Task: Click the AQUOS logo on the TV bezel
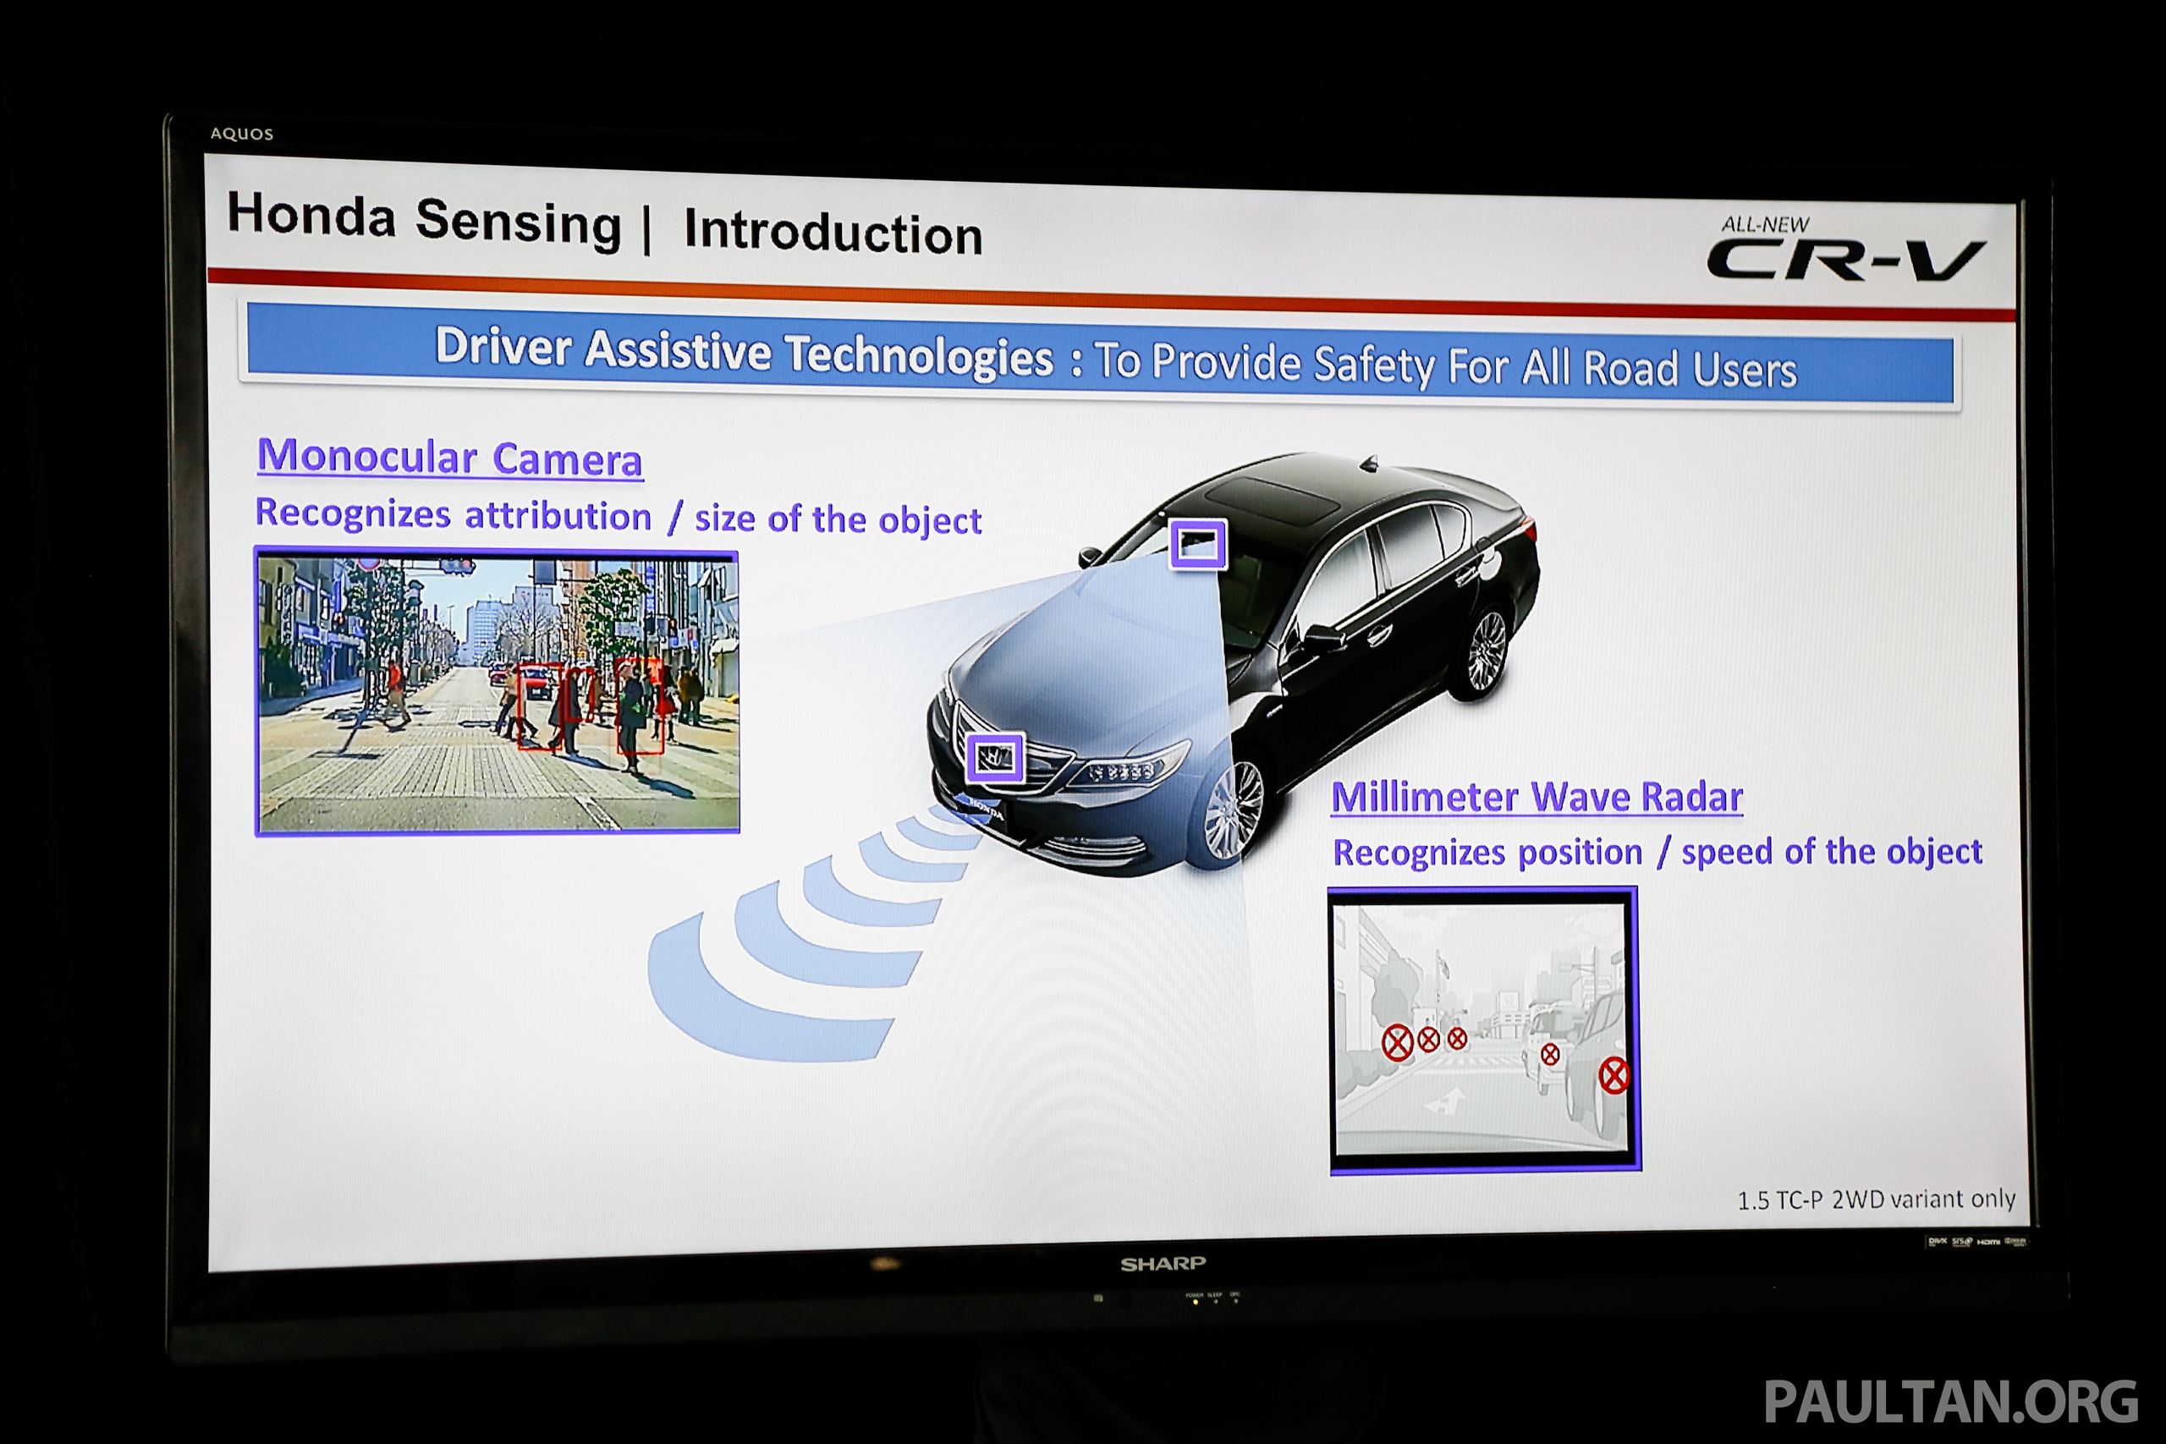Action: click(x=241, y=134)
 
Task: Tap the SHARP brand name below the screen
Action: click(x=1163, y=1265)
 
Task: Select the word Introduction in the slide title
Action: click(x=833, y=232)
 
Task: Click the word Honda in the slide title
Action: click(x=311, y=215)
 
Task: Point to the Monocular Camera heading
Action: click(x=449, y=458)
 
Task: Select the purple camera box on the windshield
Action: click(x=1198, y=543)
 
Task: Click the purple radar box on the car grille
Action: click(x=995, y=758)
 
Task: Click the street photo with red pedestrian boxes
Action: click(x=498, y=693)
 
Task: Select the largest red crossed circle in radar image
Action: click(x=1614, y=1076)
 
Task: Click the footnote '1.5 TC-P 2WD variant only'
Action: click(x=1876, y=1199)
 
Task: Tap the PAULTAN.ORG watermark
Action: click(x=1950, y=1403)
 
